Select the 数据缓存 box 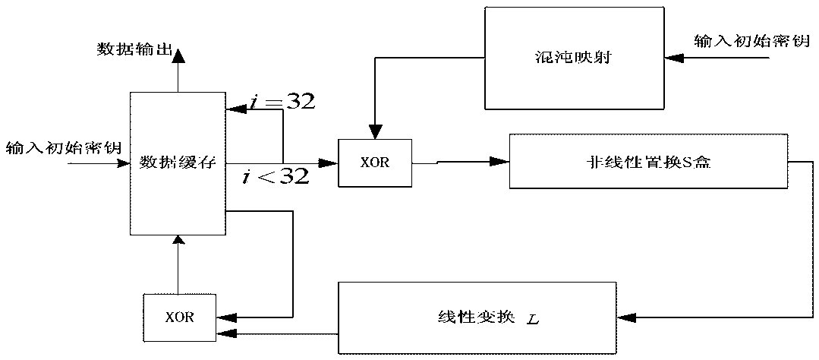tap(178, 163)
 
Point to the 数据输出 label tap(131, 49)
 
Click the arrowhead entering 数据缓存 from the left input tap(123, 163)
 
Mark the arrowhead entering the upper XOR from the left tap(331, 162)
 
